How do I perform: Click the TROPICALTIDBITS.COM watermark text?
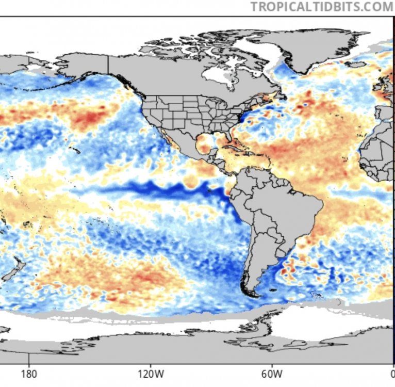pos(321,7)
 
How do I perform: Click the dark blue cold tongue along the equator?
pos(155,189)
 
